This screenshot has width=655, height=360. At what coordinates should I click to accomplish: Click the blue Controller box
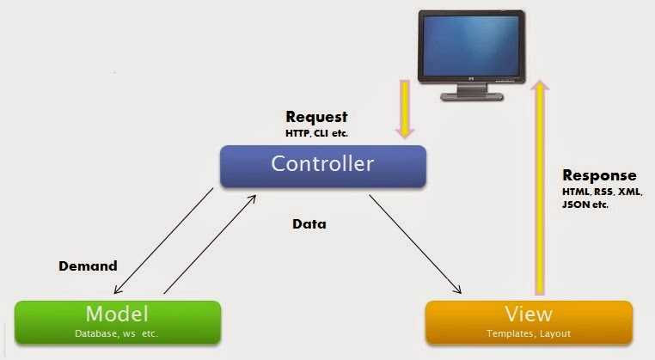322,166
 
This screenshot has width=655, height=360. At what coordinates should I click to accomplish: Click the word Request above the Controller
317,117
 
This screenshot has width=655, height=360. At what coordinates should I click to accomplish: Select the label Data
309,225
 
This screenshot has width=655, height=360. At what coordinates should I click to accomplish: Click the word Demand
88,266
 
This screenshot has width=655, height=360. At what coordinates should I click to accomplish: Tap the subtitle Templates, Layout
529,333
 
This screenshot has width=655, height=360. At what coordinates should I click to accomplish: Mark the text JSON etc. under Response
585,206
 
